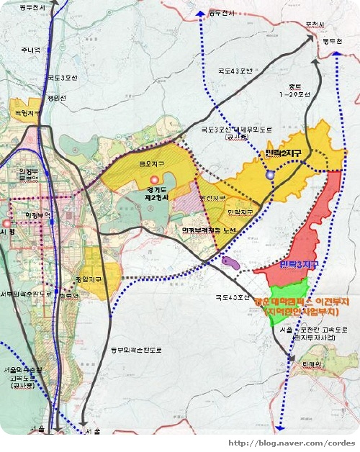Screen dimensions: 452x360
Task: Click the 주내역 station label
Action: [31, 50]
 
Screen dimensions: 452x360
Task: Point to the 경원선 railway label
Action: [56, 98]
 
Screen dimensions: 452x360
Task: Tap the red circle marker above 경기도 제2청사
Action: [153, 178]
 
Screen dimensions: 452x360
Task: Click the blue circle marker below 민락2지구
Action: [270, 175]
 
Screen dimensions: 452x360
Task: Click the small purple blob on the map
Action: [232, 263]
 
